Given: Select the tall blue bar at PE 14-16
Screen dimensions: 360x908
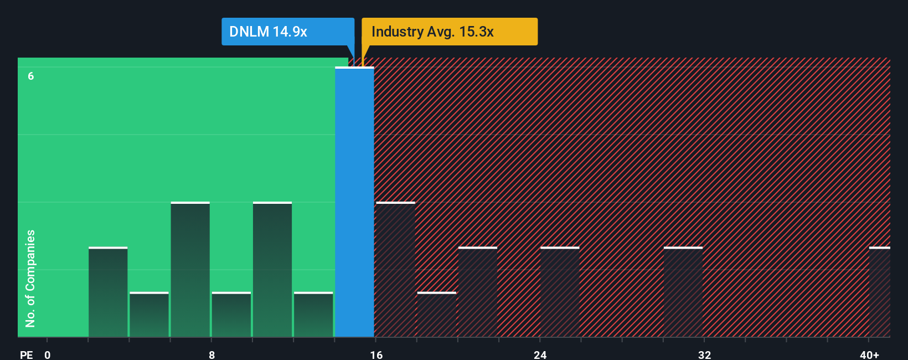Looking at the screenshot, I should (x=354, y=202).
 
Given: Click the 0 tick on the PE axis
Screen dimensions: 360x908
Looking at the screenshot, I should (x=48, y=354).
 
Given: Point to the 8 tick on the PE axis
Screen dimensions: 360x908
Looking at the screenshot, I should (x=211, y=354).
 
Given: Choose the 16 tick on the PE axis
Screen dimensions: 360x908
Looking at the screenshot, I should (x=376, y=354).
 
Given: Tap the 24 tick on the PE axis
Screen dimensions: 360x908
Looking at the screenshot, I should (x=540, y=354).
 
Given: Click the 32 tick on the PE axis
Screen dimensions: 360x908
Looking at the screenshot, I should (x=704, y=354).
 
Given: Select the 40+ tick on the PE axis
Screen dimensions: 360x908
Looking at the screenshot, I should (x=869, y=354).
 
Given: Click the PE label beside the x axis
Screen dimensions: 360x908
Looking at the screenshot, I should (x=26, y=354).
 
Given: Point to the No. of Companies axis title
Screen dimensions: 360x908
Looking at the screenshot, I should (x=30, y=278).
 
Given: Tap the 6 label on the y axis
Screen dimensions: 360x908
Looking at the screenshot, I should (x=31, y=76).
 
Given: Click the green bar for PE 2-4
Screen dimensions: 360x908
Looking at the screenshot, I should (x=108, y=292).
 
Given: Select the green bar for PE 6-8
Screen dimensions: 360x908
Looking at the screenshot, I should (x=190, y=270).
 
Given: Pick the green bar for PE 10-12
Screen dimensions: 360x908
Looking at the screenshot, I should (x=272, y=270).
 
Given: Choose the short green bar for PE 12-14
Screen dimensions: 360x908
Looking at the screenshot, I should (x=313, y=315).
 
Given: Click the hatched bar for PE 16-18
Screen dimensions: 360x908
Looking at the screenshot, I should (x=395, y=270).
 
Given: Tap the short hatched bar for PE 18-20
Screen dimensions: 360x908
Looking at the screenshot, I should (x=437, y=315).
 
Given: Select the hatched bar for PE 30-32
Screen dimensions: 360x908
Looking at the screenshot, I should (x=683, y=292).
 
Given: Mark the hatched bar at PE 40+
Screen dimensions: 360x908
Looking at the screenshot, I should (x=879, y=292).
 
